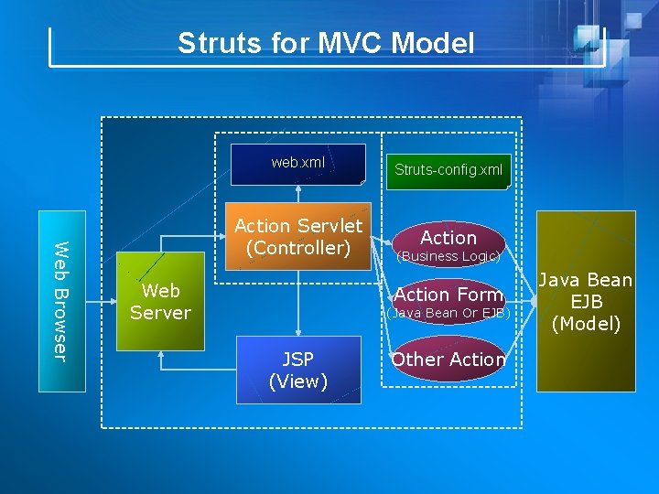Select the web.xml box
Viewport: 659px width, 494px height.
point(297,164)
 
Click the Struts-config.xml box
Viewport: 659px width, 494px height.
point(448,169)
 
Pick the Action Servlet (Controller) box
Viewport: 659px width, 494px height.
point(298,237)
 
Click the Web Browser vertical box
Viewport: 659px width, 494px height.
point(61,301)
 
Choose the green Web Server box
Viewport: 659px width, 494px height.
point(160,302)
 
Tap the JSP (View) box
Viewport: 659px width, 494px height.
point(298,370)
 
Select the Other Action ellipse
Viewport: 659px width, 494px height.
point(448,360)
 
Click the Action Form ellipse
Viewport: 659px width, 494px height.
point(448,294)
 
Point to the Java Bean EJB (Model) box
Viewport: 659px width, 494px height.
point(586,301)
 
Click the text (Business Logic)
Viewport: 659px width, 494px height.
point(448,257)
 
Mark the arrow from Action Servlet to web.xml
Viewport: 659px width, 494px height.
point(298,199)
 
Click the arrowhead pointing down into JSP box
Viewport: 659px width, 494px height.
point(298,331)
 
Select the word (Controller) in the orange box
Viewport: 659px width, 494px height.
point(298,248)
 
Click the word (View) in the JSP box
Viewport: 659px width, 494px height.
point(298,381)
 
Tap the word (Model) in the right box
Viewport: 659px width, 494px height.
point(586,324)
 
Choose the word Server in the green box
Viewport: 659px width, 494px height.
point(160,313)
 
